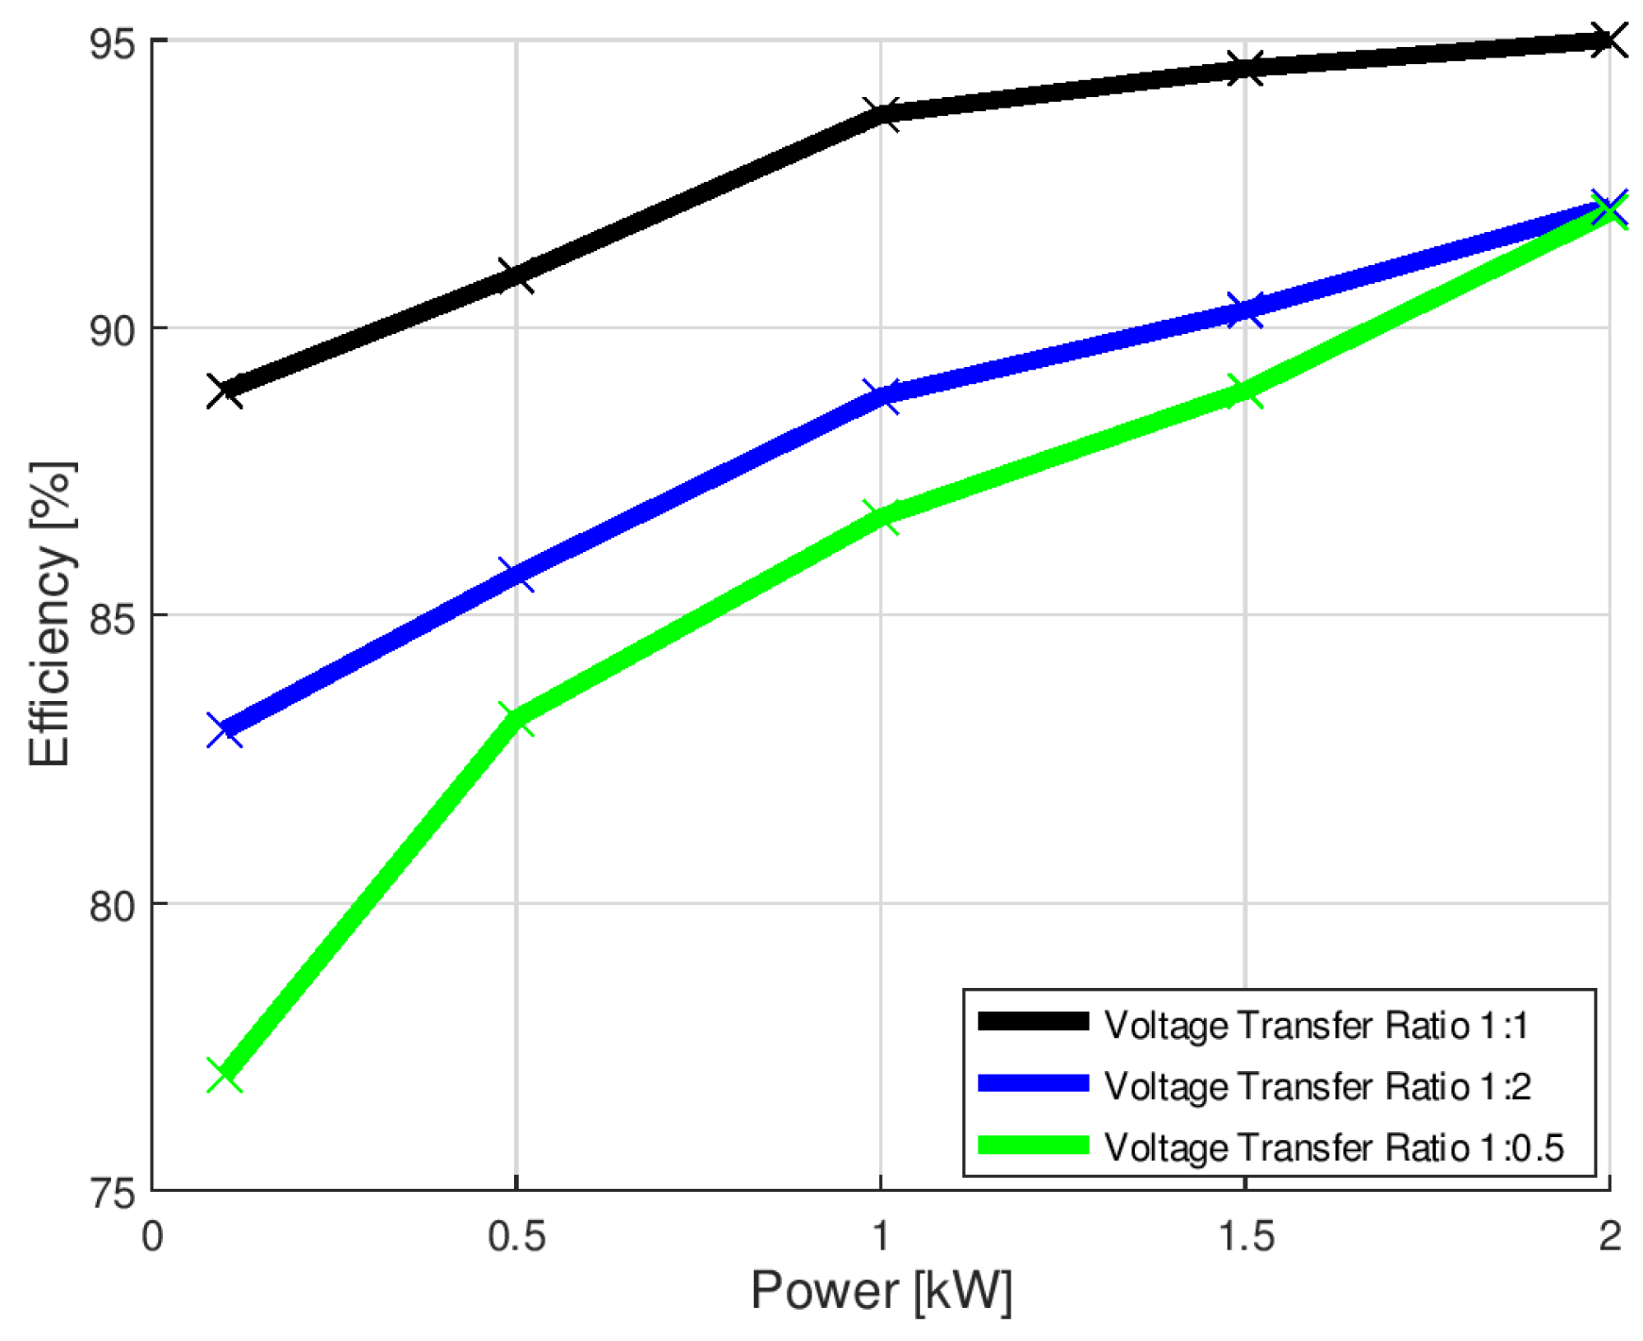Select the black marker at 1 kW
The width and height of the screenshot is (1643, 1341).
pos(880,114)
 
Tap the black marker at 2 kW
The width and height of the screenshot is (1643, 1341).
pos(1608,40)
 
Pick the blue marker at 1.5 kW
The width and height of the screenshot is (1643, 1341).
pos(1244,309)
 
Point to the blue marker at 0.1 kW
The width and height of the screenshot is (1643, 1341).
pos(224,730)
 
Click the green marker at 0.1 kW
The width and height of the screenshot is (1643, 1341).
pos(224,1074)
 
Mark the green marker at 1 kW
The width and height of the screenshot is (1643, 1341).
pos(880,517)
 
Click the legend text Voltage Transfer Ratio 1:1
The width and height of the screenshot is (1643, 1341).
pos(1315,1025)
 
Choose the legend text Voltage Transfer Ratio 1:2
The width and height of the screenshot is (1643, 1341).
pos(1317,1086)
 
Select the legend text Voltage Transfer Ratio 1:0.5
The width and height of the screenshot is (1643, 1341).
pos(1333,1147)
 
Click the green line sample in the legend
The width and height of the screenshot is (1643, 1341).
pos(1033,1145)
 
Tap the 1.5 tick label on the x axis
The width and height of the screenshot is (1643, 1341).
pos(1244,1236)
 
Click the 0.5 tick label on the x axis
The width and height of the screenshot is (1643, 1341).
pos(516,1236)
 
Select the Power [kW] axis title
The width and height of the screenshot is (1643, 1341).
pos(880,1290)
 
